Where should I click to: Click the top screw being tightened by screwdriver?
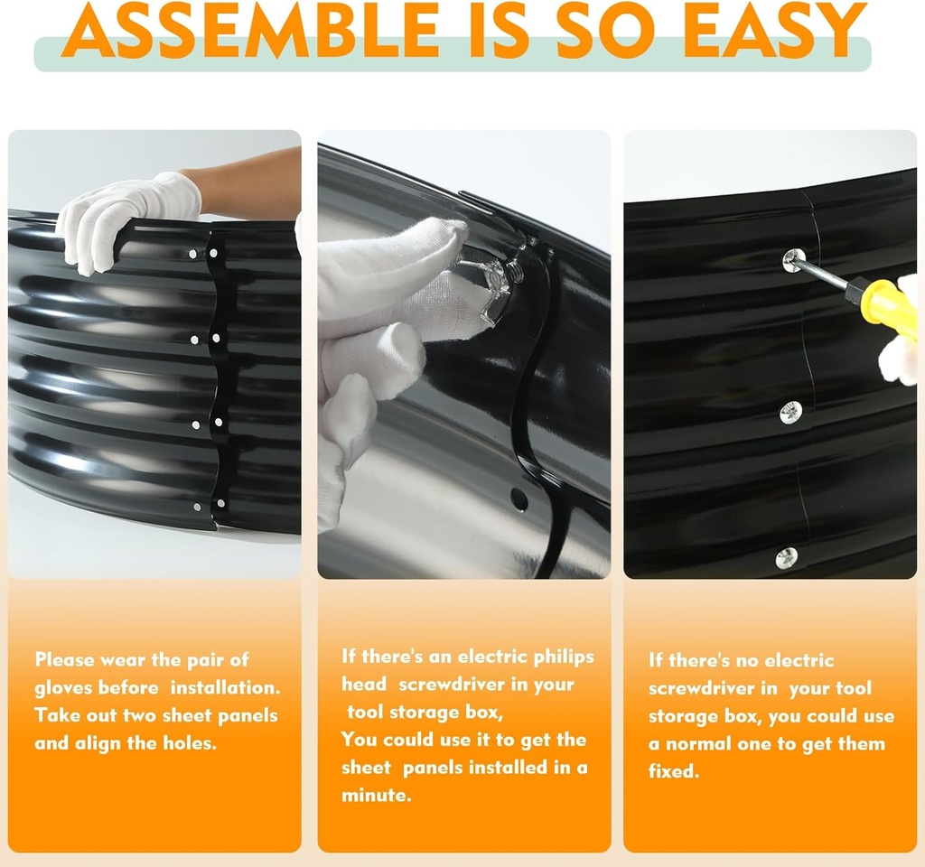pyautogui.click(x=793, y=259)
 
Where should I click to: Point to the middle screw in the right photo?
pyautogui.click(x=790, y=412)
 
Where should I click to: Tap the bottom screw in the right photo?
pyautogui.click(x=787, y=558)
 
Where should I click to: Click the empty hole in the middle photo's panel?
pyautogui.click(x=519, y=499)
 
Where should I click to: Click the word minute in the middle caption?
pyautogui.click(x=376, y=795)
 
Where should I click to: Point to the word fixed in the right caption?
pyautogui.click(x=673, y=771)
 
